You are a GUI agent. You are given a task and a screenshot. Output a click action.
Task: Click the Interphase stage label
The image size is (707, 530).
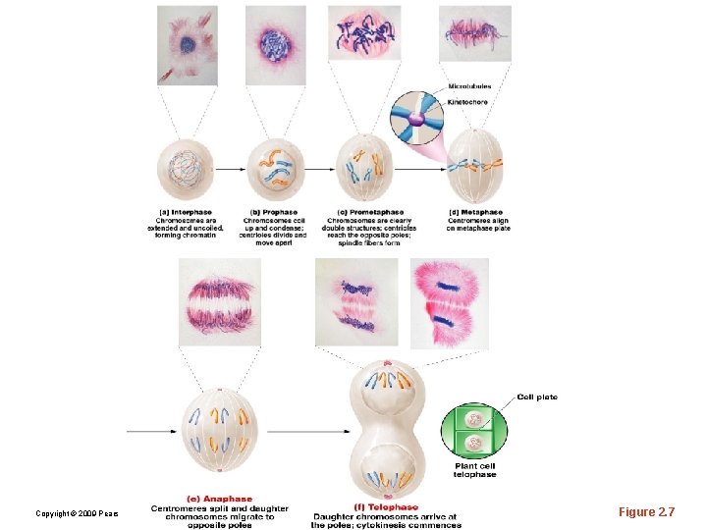coord(187,212)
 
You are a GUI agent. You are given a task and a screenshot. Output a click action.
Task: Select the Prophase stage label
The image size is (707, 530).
coord(275,212)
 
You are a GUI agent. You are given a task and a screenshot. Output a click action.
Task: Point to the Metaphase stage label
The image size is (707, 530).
coord(475,212)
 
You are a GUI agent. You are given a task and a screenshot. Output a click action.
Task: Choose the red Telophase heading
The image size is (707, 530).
coord(386,507)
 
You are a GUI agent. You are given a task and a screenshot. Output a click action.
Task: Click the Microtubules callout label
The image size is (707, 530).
coord(469,86)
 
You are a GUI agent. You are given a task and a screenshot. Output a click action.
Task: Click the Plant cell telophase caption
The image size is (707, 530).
coord(475,470)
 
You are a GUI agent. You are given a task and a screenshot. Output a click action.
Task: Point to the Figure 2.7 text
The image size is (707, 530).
coord(646,512)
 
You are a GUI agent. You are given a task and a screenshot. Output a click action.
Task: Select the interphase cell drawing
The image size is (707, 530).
coord(186,168)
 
